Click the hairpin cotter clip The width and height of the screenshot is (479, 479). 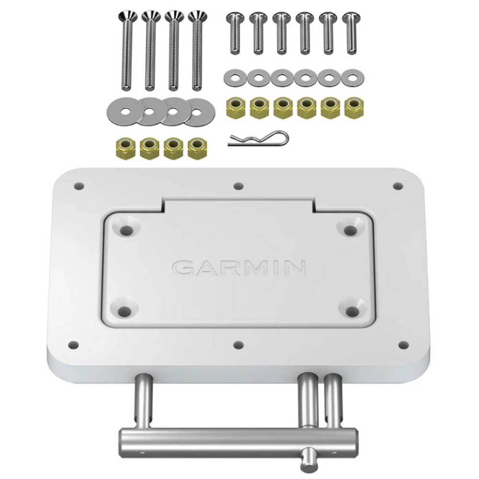pos(259,138)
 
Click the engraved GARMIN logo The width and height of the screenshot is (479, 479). pos(239,268)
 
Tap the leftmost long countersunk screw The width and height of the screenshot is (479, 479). pos(126,51)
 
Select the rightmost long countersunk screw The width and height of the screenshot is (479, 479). pos(197,51)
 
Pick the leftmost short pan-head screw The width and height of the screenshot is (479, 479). pos(234,34)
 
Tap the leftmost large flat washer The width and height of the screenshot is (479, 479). pos(125,111)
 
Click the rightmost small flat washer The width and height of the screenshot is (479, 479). pos(352,78)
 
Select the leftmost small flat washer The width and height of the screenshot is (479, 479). pos(235,78)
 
